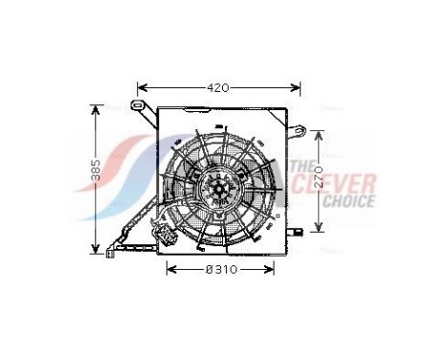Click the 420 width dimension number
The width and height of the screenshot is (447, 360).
click(218, 88)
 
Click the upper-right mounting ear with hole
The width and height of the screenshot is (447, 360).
click(299, 130)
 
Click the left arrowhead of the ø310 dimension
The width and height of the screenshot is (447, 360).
click(169, 270)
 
